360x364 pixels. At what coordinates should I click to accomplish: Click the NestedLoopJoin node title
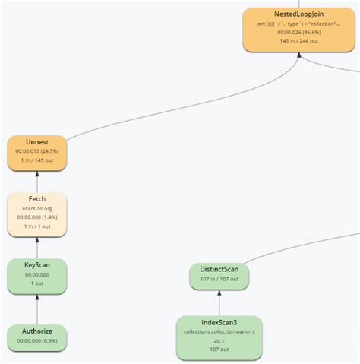pos(302,15)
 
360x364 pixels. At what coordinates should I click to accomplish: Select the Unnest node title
pos(36,141)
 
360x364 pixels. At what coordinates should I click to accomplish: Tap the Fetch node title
pos(36,199)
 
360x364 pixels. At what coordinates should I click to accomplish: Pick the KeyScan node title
pos(36,264)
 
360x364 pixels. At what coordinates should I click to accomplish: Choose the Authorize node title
pos(36,331)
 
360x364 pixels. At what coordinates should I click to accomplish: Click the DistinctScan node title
pos(219,270)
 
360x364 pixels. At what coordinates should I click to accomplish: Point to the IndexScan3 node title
pos(219,323)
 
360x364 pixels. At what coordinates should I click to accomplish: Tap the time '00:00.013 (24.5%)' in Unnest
pos(36,151)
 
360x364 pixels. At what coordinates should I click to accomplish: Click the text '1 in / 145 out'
pos(36,161)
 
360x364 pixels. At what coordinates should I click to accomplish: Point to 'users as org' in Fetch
pos(36,208)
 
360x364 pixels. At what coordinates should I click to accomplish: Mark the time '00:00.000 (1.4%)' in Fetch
pos(36,217)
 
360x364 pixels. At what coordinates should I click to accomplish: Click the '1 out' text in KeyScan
pos(36,283)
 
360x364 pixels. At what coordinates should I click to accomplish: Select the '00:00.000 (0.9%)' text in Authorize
pos(36,340)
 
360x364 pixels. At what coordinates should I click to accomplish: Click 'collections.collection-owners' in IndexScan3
pos(219,332)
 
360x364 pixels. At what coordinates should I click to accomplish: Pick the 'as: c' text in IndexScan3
pos(219,341)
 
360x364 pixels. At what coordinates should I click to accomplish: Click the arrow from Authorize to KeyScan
pos(36,308)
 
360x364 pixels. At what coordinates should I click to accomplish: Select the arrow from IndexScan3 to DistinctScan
pos(219,302)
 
